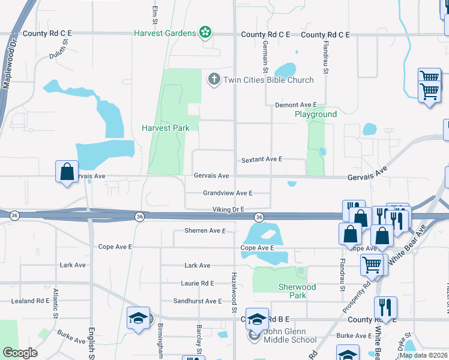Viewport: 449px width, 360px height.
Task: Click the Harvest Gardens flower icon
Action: click(205, 32)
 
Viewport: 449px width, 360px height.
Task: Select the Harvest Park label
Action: click(166, 128)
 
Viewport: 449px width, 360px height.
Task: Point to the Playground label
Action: click(315, 114)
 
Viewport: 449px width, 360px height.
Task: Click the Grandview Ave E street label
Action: click(228, 193)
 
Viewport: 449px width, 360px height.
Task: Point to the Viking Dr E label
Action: click(228, 209)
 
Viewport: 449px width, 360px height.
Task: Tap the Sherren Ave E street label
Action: click(205, 230)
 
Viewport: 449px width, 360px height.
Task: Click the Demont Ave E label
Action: click(295, 105)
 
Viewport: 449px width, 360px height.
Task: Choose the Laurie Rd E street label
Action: click(197, 283)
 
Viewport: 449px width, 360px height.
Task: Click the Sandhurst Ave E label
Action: click(197, 301)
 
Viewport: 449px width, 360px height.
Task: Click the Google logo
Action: click(20, 353)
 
